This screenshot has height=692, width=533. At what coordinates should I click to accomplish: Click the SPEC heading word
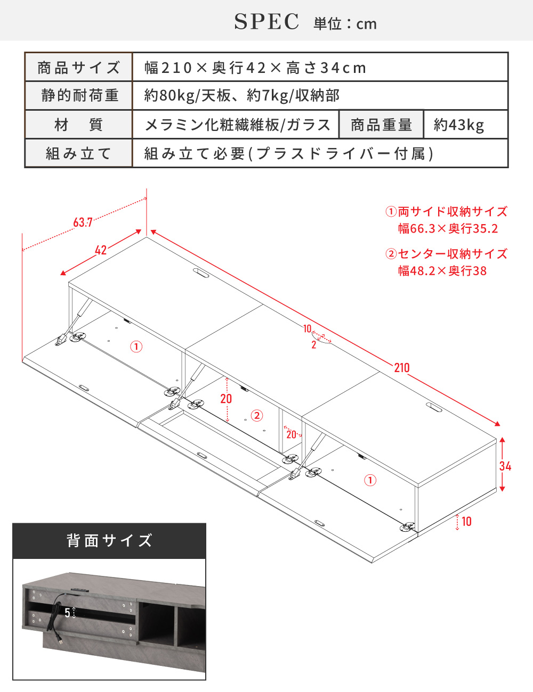(266, 22)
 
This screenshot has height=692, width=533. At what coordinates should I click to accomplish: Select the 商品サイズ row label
(78, 68)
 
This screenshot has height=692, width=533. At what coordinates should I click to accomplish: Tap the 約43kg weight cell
(459, 125)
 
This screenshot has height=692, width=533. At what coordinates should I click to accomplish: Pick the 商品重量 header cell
(381, 125)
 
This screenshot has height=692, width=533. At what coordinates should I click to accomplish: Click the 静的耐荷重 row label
(80, 95)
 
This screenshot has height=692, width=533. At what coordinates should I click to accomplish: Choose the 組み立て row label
(78, 153)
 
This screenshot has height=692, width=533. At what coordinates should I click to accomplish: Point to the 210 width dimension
(402, 368)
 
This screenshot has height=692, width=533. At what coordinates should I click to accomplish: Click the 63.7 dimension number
(83, 223)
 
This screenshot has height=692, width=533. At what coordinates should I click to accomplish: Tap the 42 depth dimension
(101, 250)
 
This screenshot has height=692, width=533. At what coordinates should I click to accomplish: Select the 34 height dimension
(505, 466)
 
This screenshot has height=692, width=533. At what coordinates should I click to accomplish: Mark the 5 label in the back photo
(67, 612)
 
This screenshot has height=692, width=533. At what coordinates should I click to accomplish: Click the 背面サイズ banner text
(109, 540)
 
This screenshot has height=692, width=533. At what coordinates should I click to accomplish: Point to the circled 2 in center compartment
(257, 415)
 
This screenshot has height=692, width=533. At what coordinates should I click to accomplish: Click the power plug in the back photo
(60, 639)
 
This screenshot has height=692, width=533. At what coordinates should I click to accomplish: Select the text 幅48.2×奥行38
(442, 271)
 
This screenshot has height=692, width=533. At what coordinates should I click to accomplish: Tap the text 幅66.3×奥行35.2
(448, 229)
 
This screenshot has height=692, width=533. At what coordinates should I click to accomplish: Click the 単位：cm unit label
(345, 24)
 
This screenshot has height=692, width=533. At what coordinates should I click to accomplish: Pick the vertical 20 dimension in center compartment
(226, 399)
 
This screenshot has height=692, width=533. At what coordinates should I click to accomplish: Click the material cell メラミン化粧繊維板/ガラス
(238, 125)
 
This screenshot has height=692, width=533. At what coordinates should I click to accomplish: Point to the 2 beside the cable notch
(314, 344)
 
